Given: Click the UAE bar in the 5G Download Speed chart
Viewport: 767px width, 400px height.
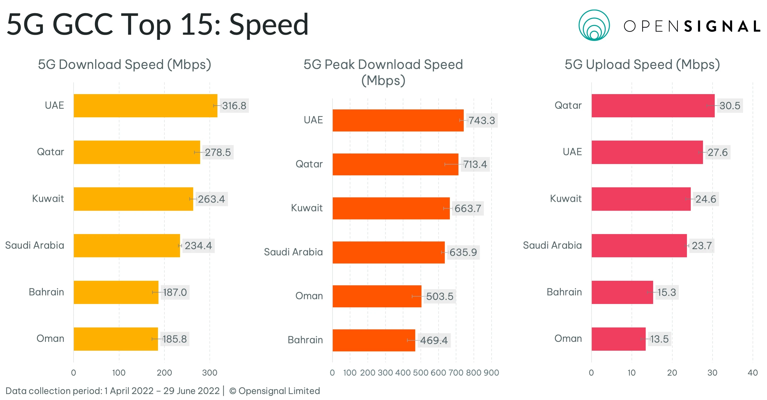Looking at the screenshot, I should pyautogui.click(x=145, y=106).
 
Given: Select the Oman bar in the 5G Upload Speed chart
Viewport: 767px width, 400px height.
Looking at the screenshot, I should pyautogui.click(x=618, y=339).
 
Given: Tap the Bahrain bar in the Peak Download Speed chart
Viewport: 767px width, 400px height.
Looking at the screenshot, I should pyautogui.click(x=374, y=340).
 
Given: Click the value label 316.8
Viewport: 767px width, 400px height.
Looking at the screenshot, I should pyautogui.click(x=234, y=106).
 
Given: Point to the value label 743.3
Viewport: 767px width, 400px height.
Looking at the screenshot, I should pyautogui.click(x=482, y=120).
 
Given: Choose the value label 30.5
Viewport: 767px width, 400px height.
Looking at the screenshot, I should pyautogui.click(x=730, y=106).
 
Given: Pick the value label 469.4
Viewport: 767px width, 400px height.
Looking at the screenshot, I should pyautogui.click(x=434, y=340).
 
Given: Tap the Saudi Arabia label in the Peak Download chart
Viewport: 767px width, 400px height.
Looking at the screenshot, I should pyautogui.click(x=293, y=252).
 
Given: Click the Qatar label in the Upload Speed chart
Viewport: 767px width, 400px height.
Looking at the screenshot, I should pyautogui.click(x=568, y=105).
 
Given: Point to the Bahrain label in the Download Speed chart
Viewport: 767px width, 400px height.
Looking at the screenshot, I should pyautogui.click(x=46, y=292).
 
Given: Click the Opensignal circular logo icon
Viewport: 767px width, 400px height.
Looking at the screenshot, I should pyautogui.click(x=594, y=25).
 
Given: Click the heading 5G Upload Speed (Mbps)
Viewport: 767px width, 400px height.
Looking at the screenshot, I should pyautogui.click(x=642, y=65).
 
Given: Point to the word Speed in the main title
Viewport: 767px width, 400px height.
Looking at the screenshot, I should pyautogui.click(x=268, y=24).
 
